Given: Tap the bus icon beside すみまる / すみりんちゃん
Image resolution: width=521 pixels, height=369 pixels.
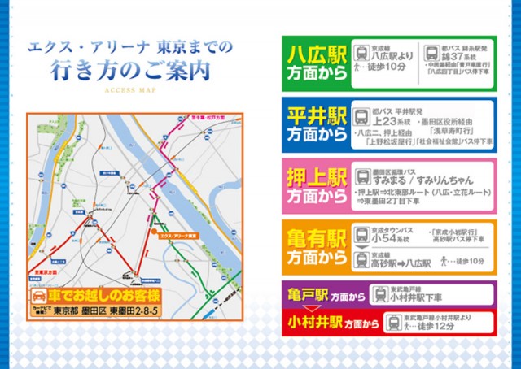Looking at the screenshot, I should point(362,176).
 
